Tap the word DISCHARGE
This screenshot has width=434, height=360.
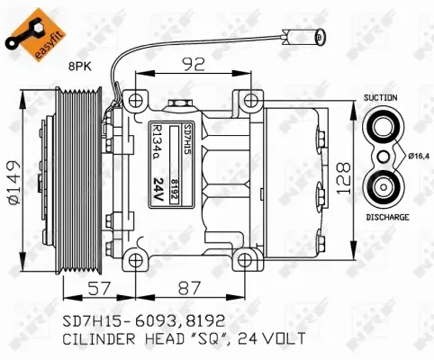point(387,217)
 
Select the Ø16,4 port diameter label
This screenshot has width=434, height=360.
point(411,157)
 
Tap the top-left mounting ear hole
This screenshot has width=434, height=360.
point(135,99)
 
